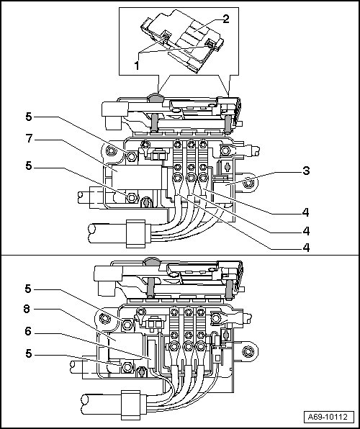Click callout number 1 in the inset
[x=137, y=65]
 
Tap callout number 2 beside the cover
[x=225, y=19]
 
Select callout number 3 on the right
[x=306, y=171]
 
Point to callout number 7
[x=30, y=138]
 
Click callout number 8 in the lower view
[x=27, y=310]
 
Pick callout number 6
[x=28, y=331]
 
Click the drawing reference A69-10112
[x=328, y=417]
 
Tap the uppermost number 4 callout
[x=305, y=212]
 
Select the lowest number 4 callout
[x=306, y=248]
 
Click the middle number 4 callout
[x=306, y=231]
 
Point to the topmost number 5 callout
[x=29, y=117]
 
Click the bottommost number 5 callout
[x=29, y=353]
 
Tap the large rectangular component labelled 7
[x=137, y=177]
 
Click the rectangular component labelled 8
[x=125, y=346]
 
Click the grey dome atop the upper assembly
[x=156, y=97]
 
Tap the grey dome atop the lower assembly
[x=151, y=261]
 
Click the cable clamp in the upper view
[x=135, y=234]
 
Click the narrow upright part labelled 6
[x=151, y=353]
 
